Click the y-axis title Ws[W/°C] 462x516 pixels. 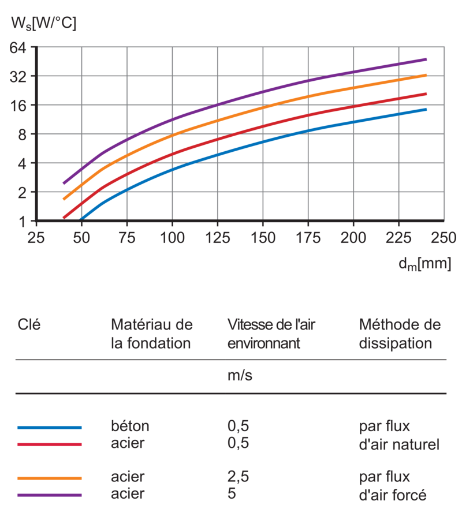tap(44, 24)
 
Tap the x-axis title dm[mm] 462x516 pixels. tap(424, 264)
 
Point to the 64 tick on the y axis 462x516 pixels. tap(20, 47)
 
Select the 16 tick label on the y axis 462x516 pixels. tap(20, 105)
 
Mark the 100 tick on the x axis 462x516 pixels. tap(172, 237)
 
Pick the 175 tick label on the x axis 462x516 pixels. tap(308, 237)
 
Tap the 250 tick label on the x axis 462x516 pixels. tap(444, 237)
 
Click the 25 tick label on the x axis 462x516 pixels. tap(36, 237)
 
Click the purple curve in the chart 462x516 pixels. tap(263, 92)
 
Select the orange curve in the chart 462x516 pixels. tap(263, 107)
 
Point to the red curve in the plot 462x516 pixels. tap(263, 126)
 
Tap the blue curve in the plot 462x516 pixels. tap(263, 141)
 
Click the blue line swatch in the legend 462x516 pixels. tap(49, 427)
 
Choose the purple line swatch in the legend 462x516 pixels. tap(49, 495)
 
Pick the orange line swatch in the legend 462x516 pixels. tap(49, 478)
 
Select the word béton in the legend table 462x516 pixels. tap(130, 427)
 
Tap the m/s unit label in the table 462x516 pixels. tap(240, 376)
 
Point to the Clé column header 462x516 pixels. tap(29, 324)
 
